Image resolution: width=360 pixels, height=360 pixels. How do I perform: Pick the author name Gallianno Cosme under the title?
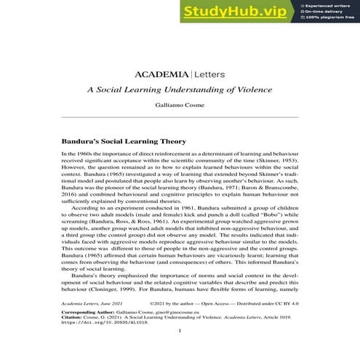179,106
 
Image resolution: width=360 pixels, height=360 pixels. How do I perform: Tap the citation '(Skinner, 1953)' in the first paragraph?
276,160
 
